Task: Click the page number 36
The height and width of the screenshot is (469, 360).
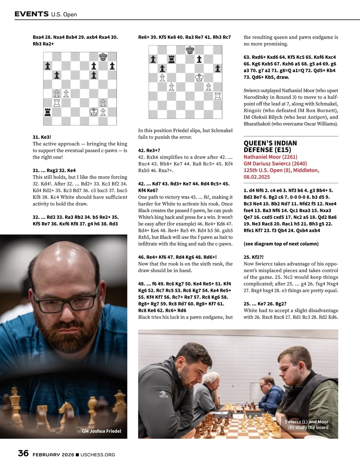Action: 23,453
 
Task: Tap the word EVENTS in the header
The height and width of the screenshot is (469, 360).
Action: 31,14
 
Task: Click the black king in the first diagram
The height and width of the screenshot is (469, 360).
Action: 103,57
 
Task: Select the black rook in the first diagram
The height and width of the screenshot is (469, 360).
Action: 48,112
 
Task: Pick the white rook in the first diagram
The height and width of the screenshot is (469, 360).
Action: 57,103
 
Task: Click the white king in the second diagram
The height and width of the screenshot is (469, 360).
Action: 199,78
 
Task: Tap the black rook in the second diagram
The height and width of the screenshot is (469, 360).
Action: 172,59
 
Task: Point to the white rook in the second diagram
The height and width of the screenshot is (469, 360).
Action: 217,96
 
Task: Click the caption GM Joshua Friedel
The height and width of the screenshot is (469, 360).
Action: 101,431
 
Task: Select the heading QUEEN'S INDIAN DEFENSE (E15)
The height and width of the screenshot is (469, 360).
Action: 270,146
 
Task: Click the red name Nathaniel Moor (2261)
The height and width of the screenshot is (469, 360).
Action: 270,157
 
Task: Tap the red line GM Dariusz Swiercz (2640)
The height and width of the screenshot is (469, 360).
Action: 275,163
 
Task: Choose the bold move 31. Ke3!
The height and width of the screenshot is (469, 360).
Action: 42,137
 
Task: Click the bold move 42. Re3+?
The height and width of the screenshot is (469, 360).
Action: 149,150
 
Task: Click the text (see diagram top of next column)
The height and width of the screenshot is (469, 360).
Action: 281,244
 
